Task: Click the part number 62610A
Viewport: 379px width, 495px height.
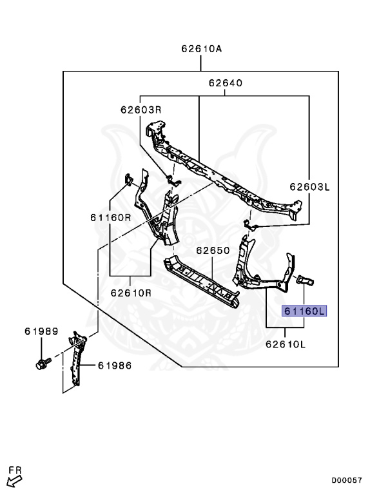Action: [x=202, y=49]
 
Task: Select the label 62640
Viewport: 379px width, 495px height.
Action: [x=226, y=83]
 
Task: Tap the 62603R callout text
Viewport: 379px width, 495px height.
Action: [x=141, y=110]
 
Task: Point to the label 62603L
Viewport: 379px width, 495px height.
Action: [x=309, y=187]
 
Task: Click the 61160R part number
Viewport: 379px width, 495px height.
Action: [x=111, y=217]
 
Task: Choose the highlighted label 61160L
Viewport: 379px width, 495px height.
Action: [x=304, y=311]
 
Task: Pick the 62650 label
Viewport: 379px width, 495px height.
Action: [x=213, y=250]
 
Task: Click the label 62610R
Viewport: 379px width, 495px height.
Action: [x=131, y=293]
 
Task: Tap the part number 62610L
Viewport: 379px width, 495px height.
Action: [x=286, y=344]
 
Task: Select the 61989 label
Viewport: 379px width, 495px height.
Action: [x=41, y=331]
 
